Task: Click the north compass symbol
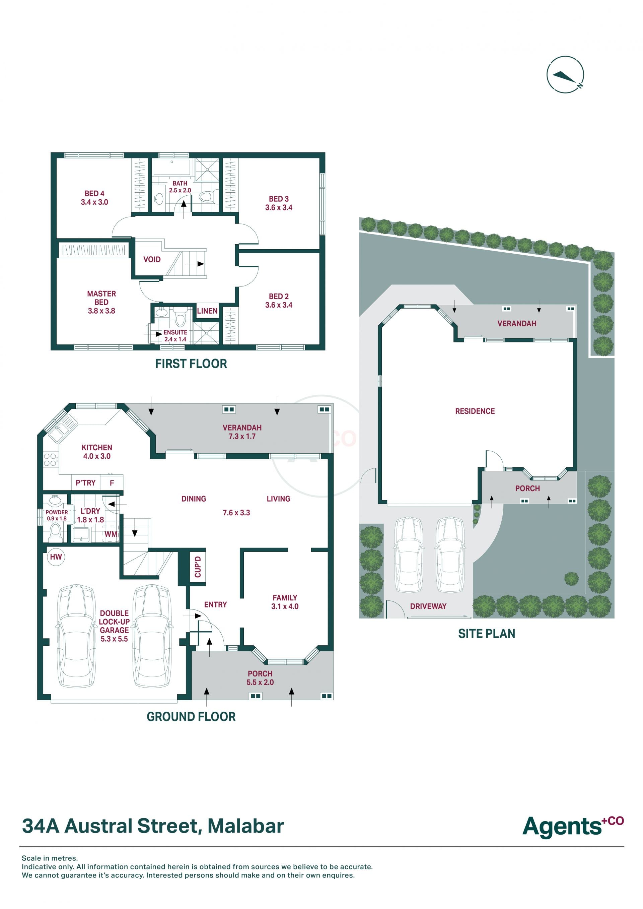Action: [565, 74]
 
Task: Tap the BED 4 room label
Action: [94, 193]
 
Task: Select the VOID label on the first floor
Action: [152, 259]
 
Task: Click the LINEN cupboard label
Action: [207, 311]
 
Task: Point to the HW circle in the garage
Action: [56, 557]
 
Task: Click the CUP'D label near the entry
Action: [198, 567]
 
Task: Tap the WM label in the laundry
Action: [111, 534]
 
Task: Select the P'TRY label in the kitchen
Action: [85, 482]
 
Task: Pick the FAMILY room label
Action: [285, 598]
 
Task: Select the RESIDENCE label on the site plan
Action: [475, 411]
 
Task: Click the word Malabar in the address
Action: [246, 826]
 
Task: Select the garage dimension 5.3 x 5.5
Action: [114, 639]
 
